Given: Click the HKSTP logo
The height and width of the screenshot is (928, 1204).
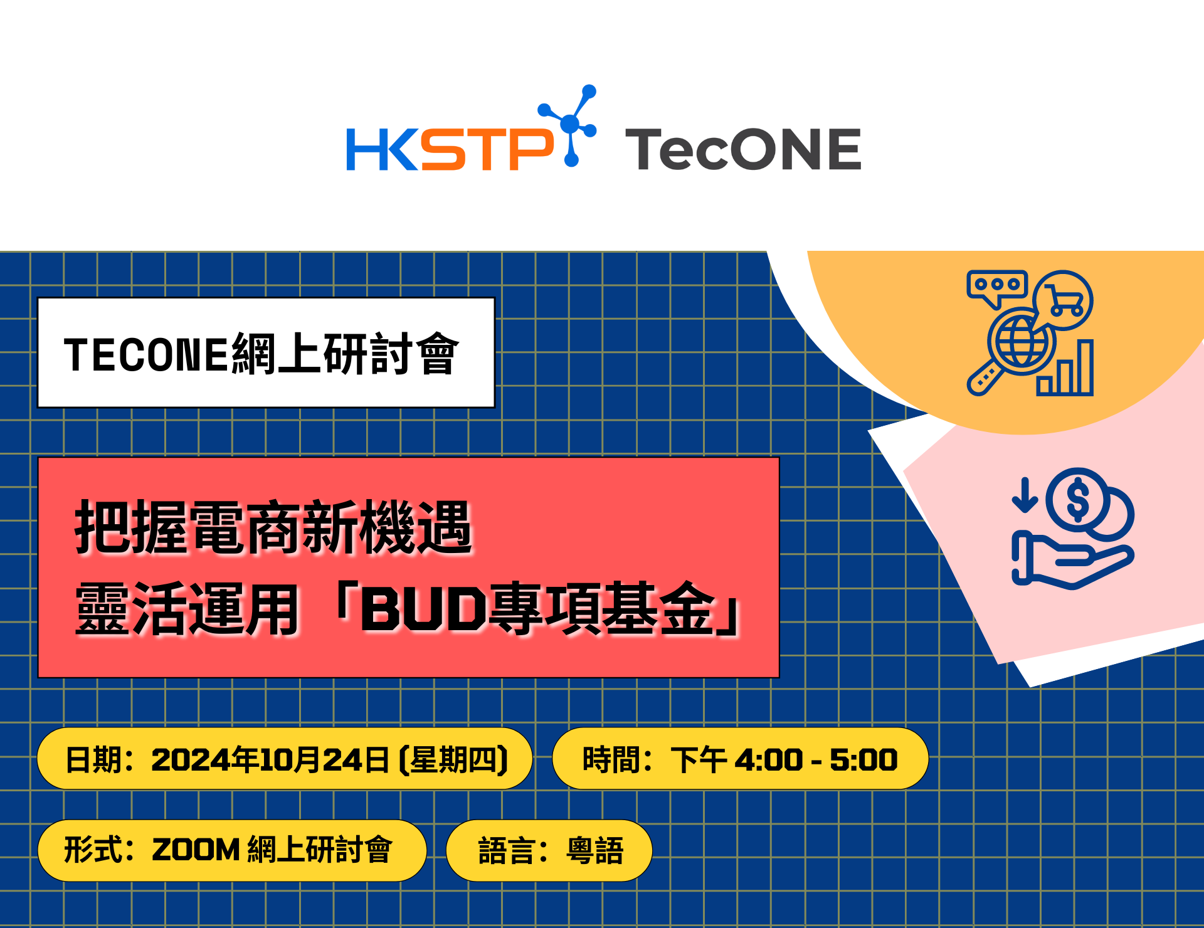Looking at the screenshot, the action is click(x=471, y=128).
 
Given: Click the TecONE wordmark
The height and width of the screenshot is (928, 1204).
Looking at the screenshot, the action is click(x=743, y=149).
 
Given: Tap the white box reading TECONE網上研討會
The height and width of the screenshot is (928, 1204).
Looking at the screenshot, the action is click(x=266, y=352).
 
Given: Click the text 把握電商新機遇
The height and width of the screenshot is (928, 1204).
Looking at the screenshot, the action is click(x=273, y=527).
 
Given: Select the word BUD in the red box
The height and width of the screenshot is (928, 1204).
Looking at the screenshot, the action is click(x=423, y=609).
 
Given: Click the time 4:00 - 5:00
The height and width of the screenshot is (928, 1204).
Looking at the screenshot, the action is click(x=816, y=759).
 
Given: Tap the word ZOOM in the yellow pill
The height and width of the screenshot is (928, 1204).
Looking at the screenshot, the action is click(x=196, y=850).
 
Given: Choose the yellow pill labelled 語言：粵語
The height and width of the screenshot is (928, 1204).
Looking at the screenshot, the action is click(x=549, y=850).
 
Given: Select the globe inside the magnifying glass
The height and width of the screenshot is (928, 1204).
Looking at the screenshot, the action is click(x=1021, y=342).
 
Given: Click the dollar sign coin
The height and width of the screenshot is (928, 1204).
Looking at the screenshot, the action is click(x=1078, y=500).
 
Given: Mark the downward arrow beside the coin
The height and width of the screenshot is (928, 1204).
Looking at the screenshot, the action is click(x=1025, y=495).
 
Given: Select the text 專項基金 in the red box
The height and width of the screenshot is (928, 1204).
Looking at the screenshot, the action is click(x=601, y=608).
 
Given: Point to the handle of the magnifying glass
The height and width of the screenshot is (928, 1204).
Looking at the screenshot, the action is click(x=985, y=377).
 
